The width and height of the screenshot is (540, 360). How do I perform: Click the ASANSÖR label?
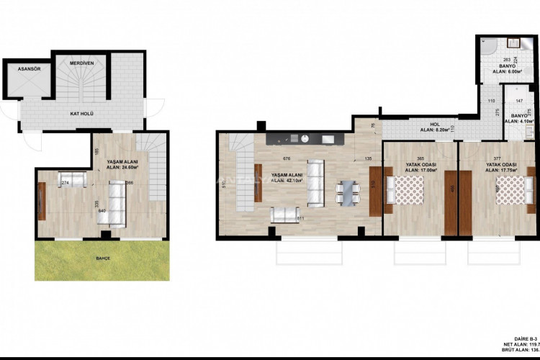(24, 68)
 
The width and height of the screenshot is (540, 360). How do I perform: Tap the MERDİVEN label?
(81, 63)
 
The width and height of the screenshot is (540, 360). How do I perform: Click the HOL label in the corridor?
(434, 124)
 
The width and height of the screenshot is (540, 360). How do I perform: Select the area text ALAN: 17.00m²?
(420, 171)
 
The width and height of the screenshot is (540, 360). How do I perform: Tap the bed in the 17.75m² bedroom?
(512, 193)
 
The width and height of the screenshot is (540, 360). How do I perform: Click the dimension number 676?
(286, 158)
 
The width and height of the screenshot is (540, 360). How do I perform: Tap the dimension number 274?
(65, 184)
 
